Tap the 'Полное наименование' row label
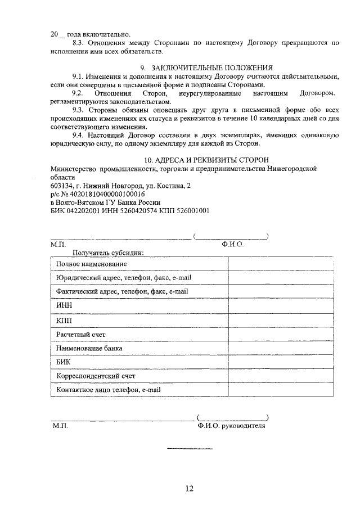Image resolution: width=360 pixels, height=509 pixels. (x=92, y=264)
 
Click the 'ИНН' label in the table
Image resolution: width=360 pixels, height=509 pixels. (x=64, y=305)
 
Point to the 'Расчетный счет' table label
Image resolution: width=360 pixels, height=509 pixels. (x=81, y=334)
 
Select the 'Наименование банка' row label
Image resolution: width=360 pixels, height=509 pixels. (x=89, y=348)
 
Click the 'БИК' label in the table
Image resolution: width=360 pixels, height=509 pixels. (x=64, y=362)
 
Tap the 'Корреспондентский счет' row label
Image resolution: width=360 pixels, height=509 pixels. (x=96, y=376)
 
